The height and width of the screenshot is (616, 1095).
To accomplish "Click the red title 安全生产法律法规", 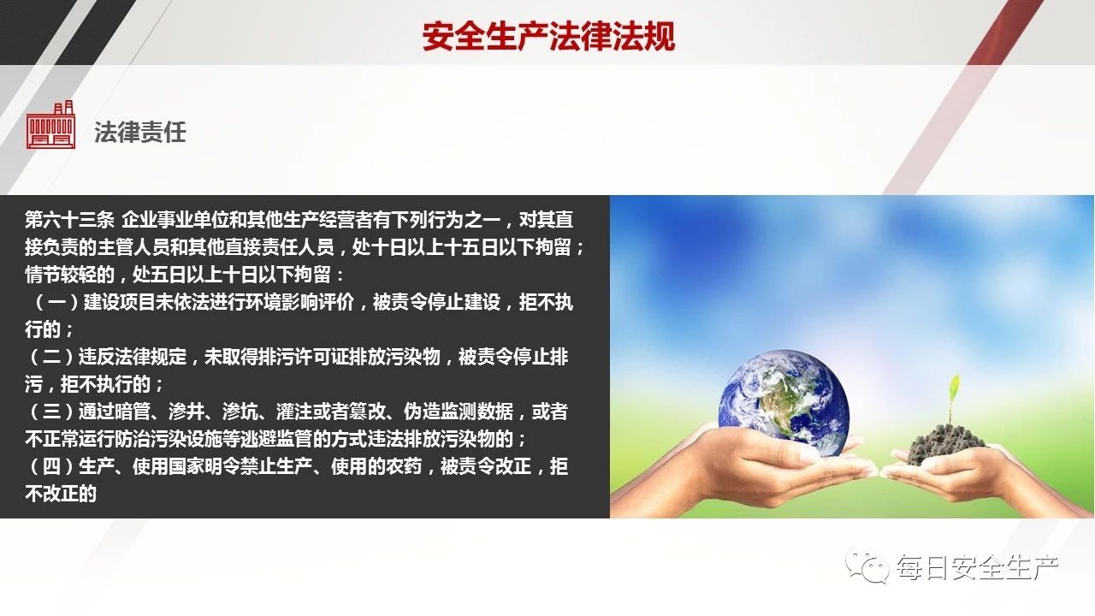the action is [548, 36].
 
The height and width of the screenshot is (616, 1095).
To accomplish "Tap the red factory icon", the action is [50, 124].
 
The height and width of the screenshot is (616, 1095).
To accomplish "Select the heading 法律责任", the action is [139, 132].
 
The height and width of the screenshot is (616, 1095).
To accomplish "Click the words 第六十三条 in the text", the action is [69, 220].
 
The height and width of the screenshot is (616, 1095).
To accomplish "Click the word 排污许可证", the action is [303, 357].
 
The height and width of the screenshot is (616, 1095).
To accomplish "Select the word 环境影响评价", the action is [299, 302].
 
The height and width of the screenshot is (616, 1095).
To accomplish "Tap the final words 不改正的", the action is [61, 494].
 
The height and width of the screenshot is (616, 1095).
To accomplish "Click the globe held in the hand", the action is [784, 403].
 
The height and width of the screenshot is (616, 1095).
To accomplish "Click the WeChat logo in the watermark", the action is [867, 566].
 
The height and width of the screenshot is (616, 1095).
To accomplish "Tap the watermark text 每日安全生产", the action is [977, 567].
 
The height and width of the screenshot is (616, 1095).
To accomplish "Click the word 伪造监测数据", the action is [458, 412].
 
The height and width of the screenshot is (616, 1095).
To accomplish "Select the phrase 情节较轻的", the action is [69, 275].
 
